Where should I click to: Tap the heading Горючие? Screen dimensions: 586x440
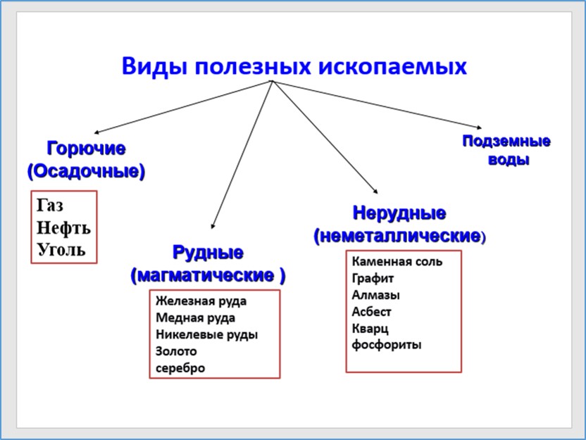click(x=86, y=149)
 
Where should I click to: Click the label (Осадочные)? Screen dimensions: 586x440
click(x=86, y=170)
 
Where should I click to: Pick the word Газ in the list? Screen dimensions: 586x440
click(x=50, y=206)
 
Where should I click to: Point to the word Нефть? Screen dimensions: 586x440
click(x=63, y=228)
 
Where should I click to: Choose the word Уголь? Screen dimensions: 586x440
click(x=61, y=249)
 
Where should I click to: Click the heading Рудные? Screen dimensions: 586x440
click(x=208, y=253)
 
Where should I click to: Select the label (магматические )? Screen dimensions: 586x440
click(x=208, y=275)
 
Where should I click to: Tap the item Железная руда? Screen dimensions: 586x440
click(x=201, y=301)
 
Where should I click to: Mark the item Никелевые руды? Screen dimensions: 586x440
click(x=207, y=334)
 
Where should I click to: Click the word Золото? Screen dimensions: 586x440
click(x=177, y=351)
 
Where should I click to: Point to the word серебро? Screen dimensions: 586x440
click(x=181, y=368)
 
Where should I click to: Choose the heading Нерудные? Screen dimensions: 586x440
click(x=399, y=213)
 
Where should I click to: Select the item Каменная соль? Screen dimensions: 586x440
click(x=397, y=261)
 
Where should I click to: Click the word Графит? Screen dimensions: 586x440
click(x=373, y=278)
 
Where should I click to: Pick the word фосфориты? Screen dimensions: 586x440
click(x=387, y=345)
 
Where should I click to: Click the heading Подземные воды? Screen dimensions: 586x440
click(x=506, y=150)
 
